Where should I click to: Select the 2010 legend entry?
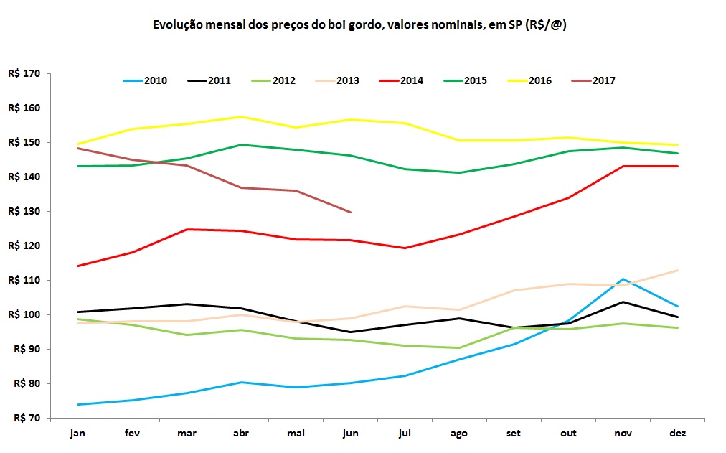[146, 80]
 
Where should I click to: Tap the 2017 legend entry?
[594, 80]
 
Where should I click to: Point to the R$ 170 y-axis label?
[24, 73]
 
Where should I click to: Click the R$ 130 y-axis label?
[24, 211]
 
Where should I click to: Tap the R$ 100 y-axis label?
[24, 314]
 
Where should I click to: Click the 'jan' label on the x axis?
[77, 434]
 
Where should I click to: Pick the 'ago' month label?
[459, 434]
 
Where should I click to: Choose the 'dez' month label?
[677, 434]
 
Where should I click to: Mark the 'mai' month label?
[296, 434]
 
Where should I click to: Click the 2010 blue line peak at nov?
[623, 279]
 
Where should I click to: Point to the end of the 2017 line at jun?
[350, 212]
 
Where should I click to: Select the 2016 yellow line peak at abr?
[241, 116]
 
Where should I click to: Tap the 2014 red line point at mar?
[187, 229]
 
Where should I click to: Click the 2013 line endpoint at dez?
[678, 270]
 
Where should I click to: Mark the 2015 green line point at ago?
[459, 172]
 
